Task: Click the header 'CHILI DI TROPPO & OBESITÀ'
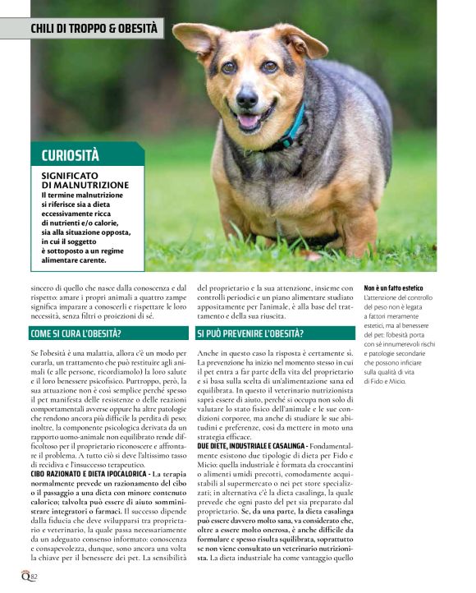click(94, 28)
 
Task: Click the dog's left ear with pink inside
click(194, 37)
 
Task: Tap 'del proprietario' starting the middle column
click(222, 289)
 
